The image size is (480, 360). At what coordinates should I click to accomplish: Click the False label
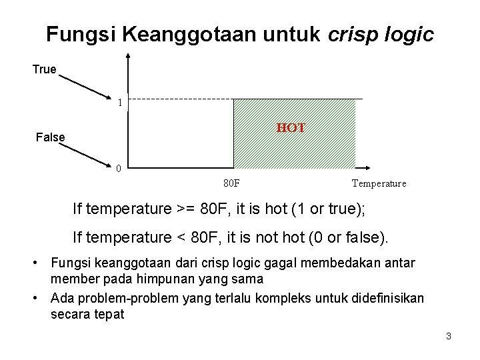click(x=50, y=138)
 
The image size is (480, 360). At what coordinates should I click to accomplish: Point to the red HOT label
click(x=291, y=127)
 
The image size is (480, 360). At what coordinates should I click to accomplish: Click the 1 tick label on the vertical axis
click(x=119, y=103)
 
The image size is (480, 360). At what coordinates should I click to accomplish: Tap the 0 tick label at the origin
click(x=117, y=168)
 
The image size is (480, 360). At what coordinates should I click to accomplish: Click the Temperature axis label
click(x=378, y=183)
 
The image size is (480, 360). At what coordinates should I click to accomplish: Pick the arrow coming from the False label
click(x=87, y=151)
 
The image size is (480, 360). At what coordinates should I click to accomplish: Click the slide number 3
click(x=449, y=336)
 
